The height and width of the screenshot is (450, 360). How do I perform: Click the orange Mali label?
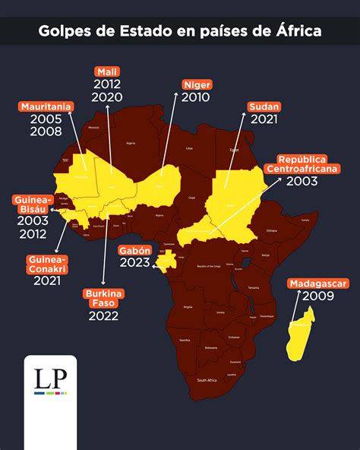108,71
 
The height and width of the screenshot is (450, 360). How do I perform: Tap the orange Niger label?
196,85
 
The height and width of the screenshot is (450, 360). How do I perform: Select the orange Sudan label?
264,107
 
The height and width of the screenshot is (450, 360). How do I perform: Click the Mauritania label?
46,107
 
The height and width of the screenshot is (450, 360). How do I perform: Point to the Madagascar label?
318,284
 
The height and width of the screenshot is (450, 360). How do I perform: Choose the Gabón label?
135,250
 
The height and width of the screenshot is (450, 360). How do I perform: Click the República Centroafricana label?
302,164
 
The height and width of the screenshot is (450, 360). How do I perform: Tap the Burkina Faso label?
103,299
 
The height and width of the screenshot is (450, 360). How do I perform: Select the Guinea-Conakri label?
47,265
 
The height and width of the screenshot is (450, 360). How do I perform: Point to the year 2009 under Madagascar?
317,296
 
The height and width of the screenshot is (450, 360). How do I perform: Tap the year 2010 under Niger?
196,98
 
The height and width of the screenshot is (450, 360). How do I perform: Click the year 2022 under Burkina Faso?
103,316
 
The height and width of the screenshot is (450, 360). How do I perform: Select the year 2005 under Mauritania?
46,120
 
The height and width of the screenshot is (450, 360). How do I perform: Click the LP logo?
45,382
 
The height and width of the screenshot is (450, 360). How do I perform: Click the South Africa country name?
207,379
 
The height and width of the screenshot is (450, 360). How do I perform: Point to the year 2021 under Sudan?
264,120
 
